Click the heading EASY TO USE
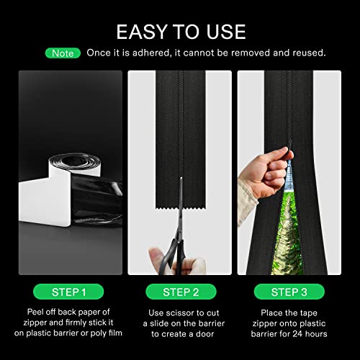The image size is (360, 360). click(180, 31)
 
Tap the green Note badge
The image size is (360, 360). click(63, 53)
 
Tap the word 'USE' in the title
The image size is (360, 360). click(222, 31)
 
